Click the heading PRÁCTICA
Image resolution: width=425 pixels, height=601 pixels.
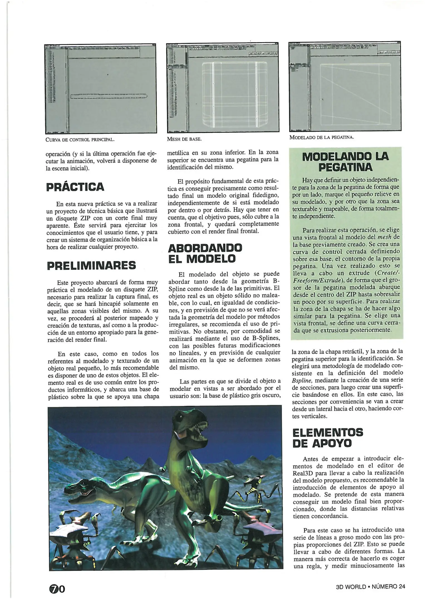pyautogui.click(x=75, y=187)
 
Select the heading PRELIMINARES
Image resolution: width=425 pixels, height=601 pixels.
pyautogui.click(x=91, y=265)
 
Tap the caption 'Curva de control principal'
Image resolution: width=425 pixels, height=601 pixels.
pyautogui.click(x=80, y=139)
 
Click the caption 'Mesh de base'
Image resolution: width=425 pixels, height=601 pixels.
pyautogui.click(x=184, y=139)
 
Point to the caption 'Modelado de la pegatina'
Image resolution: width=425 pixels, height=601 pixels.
pyautogui.click(x=321, y=137)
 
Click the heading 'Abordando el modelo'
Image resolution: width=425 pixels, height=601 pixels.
pyautogui.click(x=205, y=253)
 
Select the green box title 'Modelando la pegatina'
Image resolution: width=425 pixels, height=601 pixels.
pyautogui.click(x=345, y=162)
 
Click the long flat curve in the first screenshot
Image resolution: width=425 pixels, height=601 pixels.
pyautogui.click(x=109, y=96)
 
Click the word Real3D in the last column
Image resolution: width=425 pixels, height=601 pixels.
pyautogui.click(x=301, y=473)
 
